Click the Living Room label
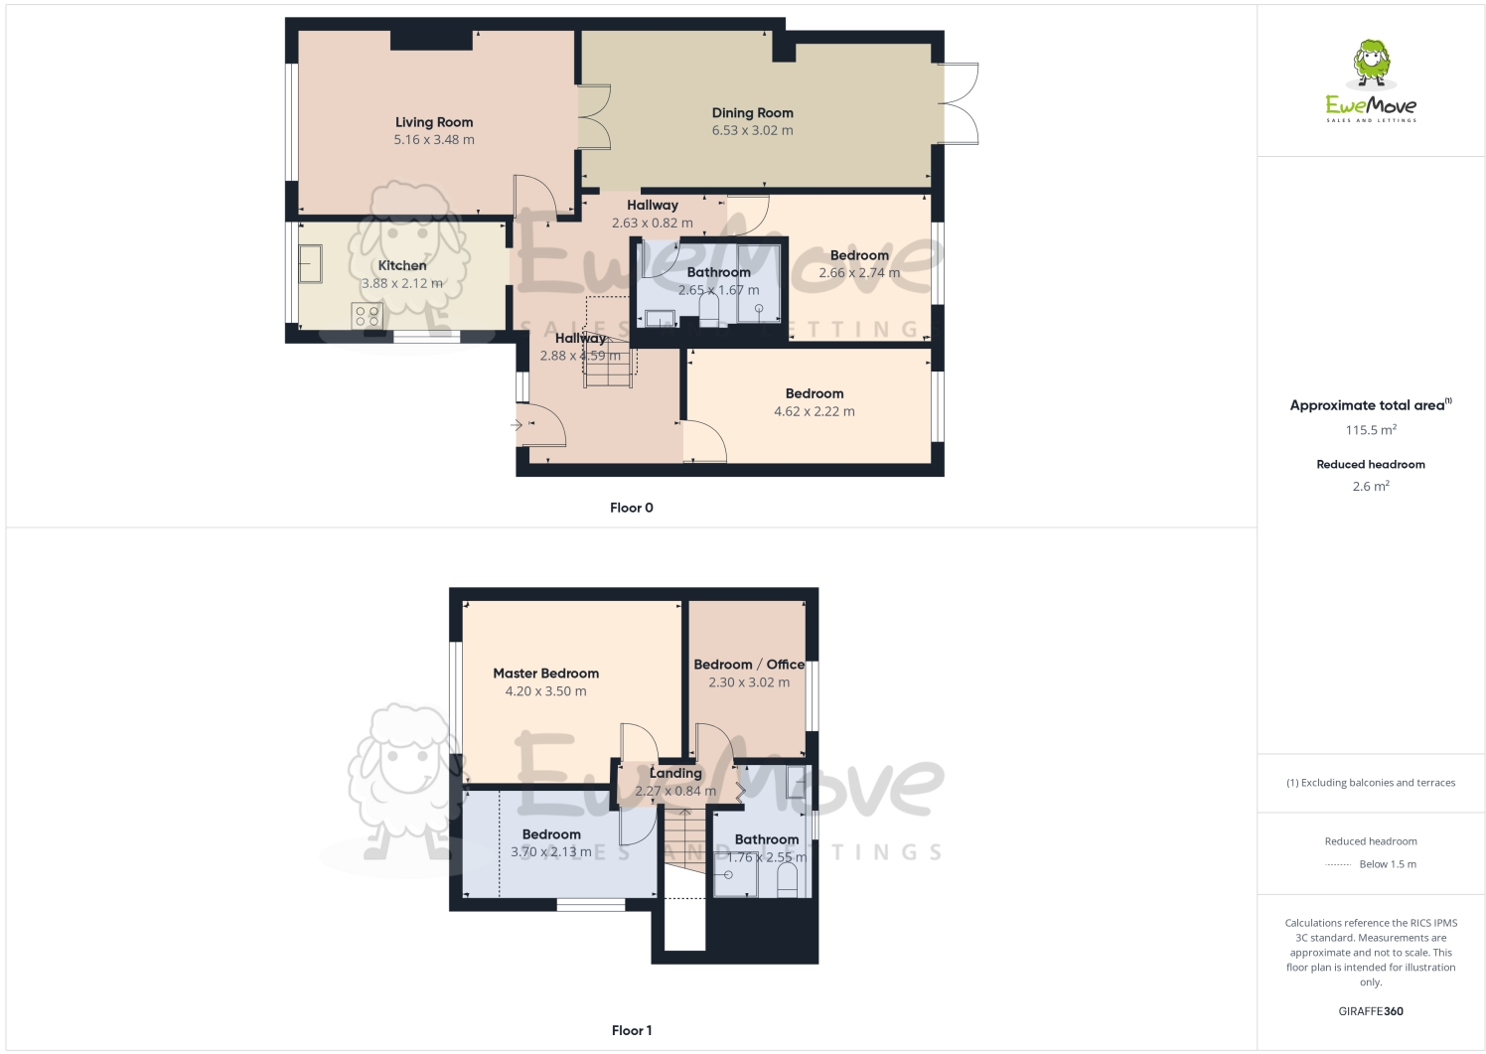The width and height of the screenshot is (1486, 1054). [x=434, y=122]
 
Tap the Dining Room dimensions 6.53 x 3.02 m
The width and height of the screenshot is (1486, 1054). [x=752, y=130]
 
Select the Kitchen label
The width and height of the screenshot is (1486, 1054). [x=402, y=265]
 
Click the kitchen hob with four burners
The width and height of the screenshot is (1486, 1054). [x=367, y=316]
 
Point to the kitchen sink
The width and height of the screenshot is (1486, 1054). [x=310, y=263]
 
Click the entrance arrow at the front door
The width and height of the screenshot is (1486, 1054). [x=517, y=425]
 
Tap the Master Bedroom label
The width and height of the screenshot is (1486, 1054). [x=545, y=673]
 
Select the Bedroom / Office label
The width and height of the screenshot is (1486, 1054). [x=749, y=665]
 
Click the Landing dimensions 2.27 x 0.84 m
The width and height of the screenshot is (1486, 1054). [x=675, y=791]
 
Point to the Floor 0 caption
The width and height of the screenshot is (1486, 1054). [x=632, y=508]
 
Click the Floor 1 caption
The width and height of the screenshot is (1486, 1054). [x=632, y=1030]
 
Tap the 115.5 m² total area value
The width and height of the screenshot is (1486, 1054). [x=1371, y=430]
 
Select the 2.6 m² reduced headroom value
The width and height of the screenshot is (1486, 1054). [x=1371, y=486]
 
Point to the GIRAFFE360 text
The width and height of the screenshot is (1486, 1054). [x=1371, y=1011]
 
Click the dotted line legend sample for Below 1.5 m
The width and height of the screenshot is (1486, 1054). [x=1338, y=864]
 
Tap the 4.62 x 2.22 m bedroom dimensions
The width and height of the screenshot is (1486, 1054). [x=815, y=411]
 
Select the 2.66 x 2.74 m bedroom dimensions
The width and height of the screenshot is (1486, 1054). [x=859, y=273]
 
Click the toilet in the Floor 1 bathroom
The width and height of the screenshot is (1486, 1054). [x=787, y=880]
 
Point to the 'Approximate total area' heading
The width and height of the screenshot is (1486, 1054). [x=1368, y=405]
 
